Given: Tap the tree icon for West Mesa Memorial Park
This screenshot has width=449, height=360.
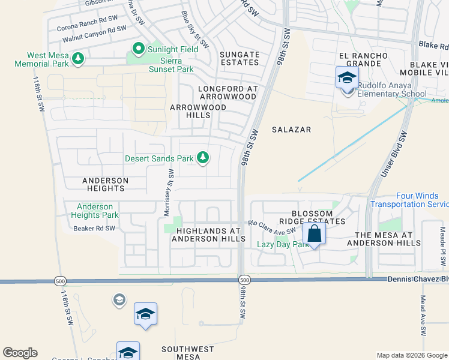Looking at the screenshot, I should pos(77,58).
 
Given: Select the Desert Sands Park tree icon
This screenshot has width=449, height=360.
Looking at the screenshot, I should pos(203,158).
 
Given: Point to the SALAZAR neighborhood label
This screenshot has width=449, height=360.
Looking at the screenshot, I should pos(291,130).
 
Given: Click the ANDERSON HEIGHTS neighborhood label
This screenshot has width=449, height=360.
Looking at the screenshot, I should pos(105,184).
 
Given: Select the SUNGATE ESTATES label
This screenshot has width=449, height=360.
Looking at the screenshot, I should pos(240,58).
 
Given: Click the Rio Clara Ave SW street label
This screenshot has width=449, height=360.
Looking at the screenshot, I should pos(273,227).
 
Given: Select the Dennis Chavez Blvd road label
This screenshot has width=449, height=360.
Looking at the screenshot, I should pos(417,279).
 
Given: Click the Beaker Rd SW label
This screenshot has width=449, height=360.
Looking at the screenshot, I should pos(94,228).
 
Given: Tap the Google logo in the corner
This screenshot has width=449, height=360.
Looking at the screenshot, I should pos(20,353).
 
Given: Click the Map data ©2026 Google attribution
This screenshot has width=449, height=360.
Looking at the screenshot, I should pos(411,355).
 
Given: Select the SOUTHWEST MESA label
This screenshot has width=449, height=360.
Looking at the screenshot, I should pos(188,353).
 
